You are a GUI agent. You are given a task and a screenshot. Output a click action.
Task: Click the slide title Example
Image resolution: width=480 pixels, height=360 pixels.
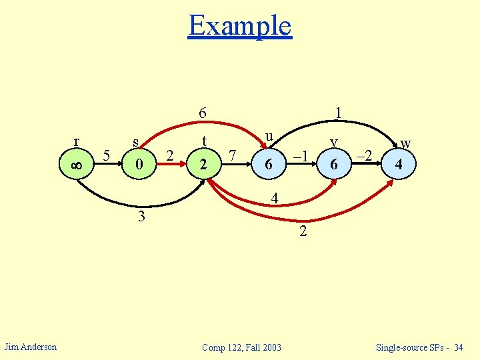240,25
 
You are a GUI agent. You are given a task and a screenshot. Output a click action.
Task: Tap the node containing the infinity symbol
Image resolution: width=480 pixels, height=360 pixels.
77,164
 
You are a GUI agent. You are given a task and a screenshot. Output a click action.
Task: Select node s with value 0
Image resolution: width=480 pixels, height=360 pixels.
138,164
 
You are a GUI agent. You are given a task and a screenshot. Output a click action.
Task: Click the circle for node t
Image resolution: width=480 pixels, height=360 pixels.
203,164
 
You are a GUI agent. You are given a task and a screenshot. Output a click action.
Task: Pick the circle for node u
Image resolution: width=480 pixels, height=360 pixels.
268,164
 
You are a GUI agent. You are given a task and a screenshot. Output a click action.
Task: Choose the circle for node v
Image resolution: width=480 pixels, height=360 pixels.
334,164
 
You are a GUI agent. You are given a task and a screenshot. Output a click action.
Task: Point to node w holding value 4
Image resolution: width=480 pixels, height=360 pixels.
398,164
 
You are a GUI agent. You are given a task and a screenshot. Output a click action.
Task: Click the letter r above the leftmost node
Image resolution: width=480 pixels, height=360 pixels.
77,141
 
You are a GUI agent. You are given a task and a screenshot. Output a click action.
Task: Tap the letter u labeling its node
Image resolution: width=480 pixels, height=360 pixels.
269,136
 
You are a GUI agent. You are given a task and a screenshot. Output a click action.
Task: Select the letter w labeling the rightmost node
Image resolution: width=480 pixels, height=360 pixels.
405,143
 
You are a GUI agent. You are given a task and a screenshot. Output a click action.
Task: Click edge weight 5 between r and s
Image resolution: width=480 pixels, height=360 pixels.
107,157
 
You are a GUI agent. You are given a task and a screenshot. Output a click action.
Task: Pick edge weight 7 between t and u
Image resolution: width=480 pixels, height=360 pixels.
232,156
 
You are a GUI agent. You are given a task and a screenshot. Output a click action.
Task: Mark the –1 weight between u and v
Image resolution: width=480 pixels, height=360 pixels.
301,156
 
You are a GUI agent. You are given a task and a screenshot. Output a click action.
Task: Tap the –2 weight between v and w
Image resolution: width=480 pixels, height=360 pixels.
364,156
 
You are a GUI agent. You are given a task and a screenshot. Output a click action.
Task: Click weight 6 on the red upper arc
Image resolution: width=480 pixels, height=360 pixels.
202,114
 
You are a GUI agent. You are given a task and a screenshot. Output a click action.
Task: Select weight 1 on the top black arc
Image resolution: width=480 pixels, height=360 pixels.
339,114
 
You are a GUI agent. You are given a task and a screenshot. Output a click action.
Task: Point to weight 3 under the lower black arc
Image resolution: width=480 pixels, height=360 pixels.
141,217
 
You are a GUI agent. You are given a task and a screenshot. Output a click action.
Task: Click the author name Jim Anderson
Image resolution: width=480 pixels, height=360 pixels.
31,347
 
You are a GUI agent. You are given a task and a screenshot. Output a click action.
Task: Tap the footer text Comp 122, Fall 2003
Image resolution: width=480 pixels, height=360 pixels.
241,347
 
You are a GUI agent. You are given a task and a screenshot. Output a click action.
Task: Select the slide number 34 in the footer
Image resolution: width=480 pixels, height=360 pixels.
458,347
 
